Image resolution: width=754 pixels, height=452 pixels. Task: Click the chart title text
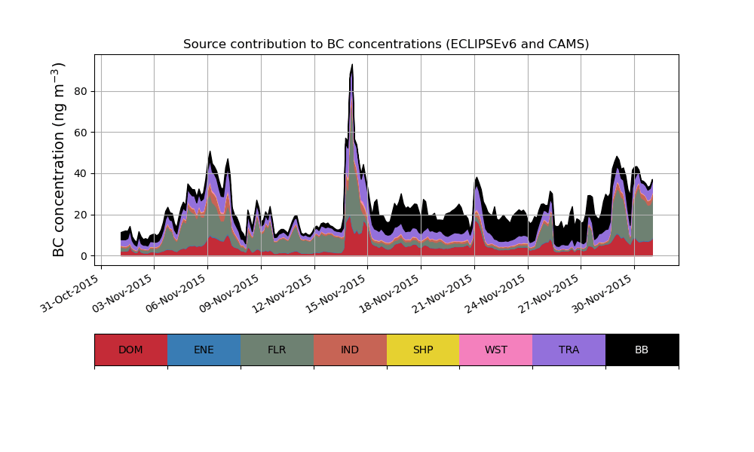tap(386, 44)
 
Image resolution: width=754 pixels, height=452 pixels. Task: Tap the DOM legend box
tap(130, 350)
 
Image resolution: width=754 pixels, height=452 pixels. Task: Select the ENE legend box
tap(204, 350)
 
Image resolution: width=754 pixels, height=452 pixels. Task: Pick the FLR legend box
tap(277, 350)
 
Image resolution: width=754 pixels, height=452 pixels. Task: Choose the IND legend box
tap(350, 350)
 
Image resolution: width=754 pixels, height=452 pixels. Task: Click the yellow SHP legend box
tap(423, 350)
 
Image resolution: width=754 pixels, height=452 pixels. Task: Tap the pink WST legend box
tap(496, 350)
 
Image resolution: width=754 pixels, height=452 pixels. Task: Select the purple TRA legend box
tap(569, 350)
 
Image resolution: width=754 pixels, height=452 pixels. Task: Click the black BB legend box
tap(642, 350)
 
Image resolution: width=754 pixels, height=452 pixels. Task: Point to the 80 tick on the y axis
tap(80, 91)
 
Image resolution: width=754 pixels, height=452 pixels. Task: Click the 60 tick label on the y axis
tap(80, 133)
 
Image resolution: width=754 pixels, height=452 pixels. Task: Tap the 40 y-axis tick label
tap(80, 174)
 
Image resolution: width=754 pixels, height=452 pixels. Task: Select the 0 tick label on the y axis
tap(83, 256)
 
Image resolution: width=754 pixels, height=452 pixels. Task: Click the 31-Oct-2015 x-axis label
tap(70, 294)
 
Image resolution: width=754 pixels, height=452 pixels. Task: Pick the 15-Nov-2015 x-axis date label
tap(337, 294)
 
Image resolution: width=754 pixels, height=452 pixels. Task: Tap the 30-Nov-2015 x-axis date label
tap(603, 294)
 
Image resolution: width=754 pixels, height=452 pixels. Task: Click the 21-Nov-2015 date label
tap(443, 294)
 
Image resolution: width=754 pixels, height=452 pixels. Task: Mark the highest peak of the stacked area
tap(352, 65)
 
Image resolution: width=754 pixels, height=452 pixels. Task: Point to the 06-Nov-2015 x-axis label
tap(176, 294)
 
